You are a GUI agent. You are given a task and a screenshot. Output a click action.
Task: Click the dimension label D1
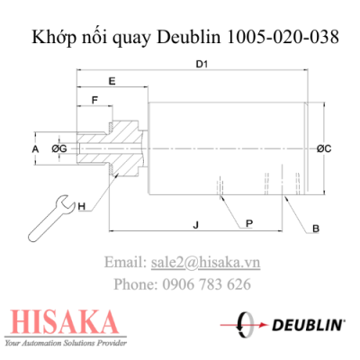202,64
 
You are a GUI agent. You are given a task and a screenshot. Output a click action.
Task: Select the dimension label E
112,82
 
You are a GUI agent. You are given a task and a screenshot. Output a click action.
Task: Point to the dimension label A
35,147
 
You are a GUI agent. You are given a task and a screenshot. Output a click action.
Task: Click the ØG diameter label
60,147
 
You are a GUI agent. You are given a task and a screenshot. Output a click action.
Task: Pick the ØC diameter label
326,148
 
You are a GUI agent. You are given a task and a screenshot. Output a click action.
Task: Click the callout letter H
81,207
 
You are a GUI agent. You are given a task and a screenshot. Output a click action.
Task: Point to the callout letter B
315,229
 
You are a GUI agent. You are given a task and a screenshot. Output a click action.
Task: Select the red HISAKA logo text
60,322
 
